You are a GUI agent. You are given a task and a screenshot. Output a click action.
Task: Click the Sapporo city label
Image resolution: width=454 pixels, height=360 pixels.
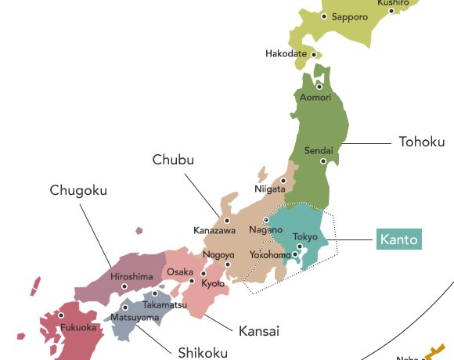pyautogui.click(x=349, y=16)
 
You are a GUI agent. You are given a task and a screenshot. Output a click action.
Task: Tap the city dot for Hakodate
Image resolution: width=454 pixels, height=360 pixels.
pyautogui.click(x=315, y=56)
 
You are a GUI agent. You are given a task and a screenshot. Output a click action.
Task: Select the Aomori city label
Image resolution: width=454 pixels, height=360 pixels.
pyautogui.click(x=315, y=97)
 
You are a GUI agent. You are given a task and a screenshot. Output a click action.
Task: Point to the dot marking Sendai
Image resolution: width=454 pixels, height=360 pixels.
pyautogui.click(x=322, y=161)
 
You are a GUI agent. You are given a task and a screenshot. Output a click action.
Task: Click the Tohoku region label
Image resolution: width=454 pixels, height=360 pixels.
pyautogui.click(x=422, y=142)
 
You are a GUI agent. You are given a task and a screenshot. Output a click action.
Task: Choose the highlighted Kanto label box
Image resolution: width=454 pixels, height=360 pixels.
pyautogui.click(x=398, y=239)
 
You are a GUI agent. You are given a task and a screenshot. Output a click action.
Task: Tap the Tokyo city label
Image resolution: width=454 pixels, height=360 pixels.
pyautogui.click(x=305, y=236)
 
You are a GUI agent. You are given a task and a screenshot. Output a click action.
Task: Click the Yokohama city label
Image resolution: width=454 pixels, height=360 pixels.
pyautogui.click(x=270, y=255)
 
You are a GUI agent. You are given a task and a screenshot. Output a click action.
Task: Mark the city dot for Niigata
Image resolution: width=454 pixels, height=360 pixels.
pyautogui.click(x=283, y=180)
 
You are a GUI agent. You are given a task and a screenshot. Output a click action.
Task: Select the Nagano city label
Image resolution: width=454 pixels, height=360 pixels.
pyautogui.click(x=265, y=230)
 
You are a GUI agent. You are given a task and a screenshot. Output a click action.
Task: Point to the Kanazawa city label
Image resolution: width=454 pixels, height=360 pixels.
pyautogui.click(x=214, y=230)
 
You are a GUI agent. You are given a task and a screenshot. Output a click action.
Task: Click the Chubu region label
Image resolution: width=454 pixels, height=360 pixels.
pyautogui.click(x=173, y=160)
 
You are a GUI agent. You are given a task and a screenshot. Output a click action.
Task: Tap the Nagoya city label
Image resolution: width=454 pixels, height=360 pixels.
pyautogui.click(x=218, y=254)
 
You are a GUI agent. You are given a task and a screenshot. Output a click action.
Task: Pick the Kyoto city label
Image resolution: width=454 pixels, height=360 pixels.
pyautogui.click(x=213, y=283)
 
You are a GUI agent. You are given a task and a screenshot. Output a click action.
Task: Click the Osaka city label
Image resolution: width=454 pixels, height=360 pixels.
pyautogui.click(x=175, y=272)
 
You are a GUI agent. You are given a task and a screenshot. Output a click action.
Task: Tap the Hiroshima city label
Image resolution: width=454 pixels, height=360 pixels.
pyautogui.click(x=132, y=276)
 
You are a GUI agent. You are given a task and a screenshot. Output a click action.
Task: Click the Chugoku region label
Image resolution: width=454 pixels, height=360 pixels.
pyautogui.click(x=78, y=190)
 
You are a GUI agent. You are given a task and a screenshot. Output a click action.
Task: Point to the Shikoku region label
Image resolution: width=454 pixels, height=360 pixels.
pyautogui.click(x=201, y=351)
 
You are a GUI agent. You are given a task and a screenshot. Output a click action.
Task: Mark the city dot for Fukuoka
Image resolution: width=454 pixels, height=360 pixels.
pyautogui.click(x=60, y=315)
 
